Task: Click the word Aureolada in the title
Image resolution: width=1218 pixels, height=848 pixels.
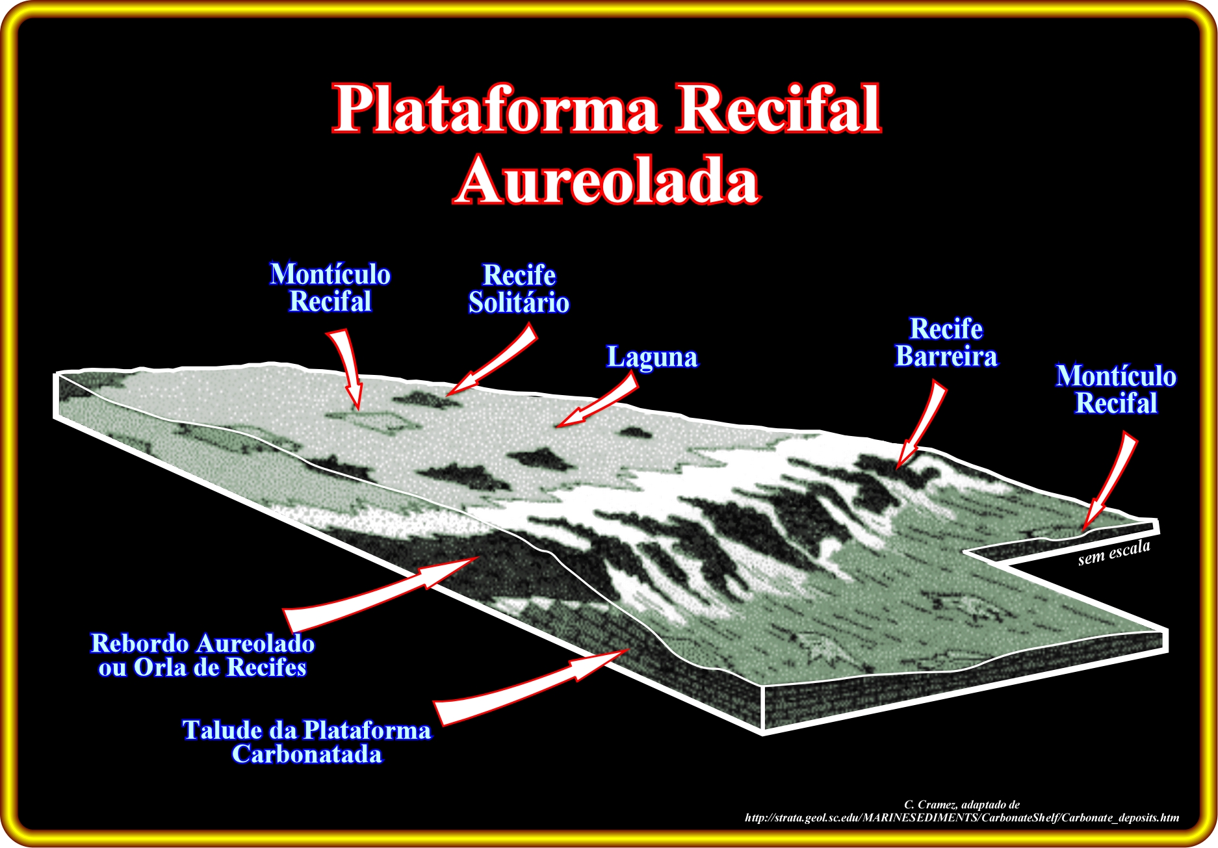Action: pyautogui.click(x=607, y=179)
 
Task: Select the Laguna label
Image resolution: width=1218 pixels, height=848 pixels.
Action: pyautogui.click(x=652, y=357)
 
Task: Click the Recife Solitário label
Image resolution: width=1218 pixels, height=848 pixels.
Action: pyautogui.click(x=519, y=289)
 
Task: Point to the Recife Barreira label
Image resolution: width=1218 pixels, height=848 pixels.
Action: pyautogui.click(x=946, y=342)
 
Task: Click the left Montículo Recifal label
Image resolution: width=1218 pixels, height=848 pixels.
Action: pyautogui.click(x=330, y=288)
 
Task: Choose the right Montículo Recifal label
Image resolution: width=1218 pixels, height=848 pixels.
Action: pyautogui.click(x=1116, y=390)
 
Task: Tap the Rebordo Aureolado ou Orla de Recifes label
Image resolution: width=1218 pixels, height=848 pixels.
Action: pyautogui.click(x=203, y=655)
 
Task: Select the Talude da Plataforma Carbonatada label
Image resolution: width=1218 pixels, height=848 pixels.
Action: pyautogui.click(x=307, y=742)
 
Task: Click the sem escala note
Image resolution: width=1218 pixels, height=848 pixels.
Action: pyautogui.click(x=1114, y=553)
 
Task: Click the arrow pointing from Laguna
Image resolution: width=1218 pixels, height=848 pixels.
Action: pyautogui.click(x=596, y=403)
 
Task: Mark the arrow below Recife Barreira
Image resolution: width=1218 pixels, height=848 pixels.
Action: pyautogui.click(x=920, y=425)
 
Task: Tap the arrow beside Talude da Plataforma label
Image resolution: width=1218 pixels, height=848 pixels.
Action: pyautogui.click(x=531, y=686)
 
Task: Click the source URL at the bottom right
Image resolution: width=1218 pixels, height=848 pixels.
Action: pyautogui.click(x=962, y=818)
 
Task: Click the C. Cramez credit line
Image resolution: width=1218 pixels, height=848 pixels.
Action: pyautogui.click(x=962, y=804)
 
